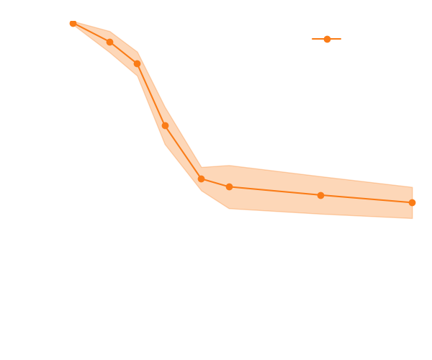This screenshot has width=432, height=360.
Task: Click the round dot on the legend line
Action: coord(327,39)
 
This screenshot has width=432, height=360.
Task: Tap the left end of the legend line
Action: coord(312,39)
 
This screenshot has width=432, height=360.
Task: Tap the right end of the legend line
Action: coord(341,39)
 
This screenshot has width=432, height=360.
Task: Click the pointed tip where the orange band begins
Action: coord(72,24)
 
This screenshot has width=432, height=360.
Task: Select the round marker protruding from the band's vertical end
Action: coord(413,202)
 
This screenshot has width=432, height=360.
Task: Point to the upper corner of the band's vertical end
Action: coord(413,186)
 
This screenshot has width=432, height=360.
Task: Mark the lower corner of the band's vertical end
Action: coord(413,219)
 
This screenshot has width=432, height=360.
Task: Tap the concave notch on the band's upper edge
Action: coord(202,167)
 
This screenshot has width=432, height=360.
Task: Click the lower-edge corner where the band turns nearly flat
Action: coord(230,209)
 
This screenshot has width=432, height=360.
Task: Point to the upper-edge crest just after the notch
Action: coord(230,165)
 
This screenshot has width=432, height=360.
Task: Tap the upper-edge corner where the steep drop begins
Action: coord(138,53)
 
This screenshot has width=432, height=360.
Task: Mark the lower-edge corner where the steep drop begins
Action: coord(137,75)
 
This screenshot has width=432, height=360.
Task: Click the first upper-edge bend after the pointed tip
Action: coord(109,32)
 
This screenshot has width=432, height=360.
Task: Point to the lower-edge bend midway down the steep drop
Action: coord(166,145)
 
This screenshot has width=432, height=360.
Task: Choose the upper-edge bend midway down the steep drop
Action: coord(166,108)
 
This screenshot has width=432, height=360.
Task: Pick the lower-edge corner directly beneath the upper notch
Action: coord(202,191)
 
